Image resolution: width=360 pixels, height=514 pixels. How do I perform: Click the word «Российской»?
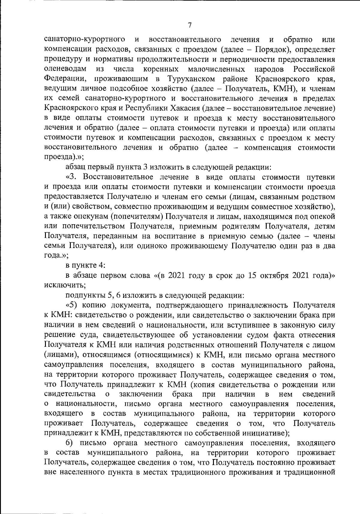[x=314, y=69]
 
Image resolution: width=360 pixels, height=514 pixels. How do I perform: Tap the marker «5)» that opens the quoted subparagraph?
[x=72, y=305]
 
